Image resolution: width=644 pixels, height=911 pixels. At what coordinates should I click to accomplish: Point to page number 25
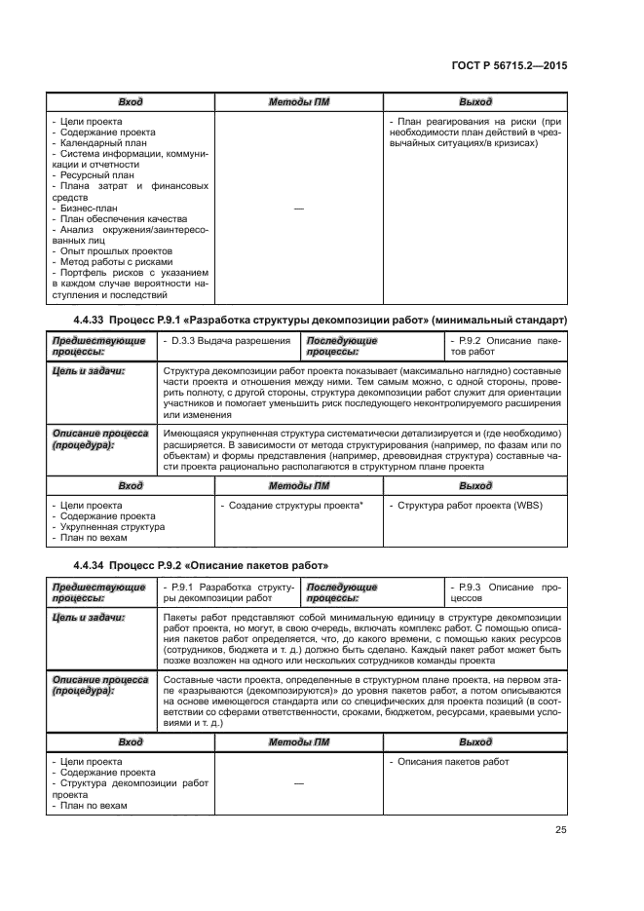coord(561,830)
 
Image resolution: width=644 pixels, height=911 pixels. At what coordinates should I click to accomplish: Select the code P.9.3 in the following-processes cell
coord(467,588)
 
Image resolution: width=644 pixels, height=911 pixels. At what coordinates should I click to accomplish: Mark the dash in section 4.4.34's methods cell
coord(298,784)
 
